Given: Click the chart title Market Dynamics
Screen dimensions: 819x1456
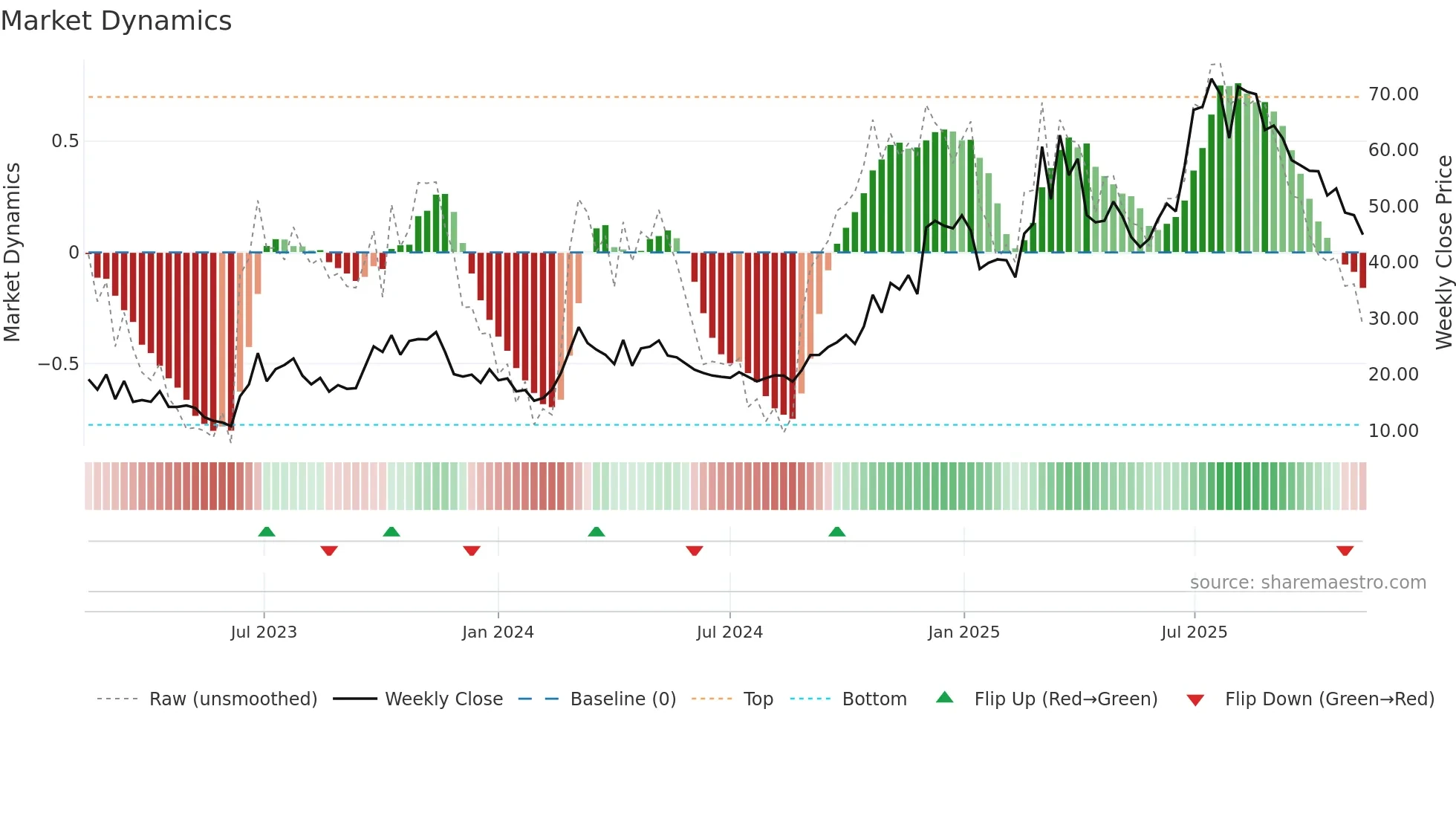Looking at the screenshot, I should [117, 21].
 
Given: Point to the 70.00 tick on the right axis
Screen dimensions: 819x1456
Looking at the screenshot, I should [1393, 94].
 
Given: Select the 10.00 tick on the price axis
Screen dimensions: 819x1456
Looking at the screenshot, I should [1393, 431].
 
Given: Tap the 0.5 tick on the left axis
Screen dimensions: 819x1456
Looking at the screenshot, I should [65, 141].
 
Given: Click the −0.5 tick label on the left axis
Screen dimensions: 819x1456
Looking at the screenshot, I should [59, 364].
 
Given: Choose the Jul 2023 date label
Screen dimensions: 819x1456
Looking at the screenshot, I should [264, 632].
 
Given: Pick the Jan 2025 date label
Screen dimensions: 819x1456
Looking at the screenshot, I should [963, 632].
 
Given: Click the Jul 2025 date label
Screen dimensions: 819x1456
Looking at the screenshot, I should [1194, 632].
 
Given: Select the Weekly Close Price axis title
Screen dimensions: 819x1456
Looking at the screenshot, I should [1443, 253].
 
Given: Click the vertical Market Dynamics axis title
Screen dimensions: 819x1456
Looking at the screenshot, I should [12, 253].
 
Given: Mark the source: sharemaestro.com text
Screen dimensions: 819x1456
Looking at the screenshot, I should [1307, 583].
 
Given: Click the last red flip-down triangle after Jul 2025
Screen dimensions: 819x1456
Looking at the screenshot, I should [1345, 551].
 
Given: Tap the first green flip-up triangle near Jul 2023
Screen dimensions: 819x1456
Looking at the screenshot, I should [267, 531].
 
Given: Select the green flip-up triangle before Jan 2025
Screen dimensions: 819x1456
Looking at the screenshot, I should [837, 531].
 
